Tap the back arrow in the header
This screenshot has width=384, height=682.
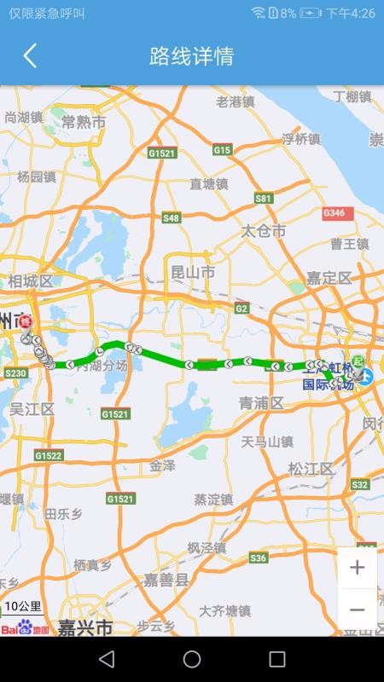30,56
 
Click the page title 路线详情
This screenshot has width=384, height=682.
191,56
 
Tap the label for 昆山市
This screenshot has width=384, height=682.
193,273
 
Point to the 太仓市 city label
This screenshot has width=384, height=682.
263,231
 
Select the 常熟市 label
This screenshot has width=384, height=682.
84,122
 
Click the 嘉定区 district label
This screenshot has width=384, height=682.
329,278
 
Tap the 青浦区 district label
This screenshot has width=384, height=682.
261,402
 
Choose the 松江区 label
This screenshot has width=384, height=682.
311,469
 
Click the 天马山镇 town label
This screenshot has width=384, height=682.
267,442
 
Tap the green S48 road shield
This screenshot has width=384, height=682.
172,218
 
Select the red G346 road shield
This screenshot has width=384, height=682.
334,212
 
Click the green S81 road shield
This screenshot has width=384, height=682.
264,198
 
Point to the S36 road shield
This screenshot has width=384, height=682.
258,558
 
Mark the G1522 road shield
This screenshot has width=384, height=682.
49,456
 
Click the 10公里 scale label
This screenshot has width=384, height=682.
23,607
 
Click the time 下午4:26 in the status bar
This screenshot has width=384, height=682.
351,13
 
